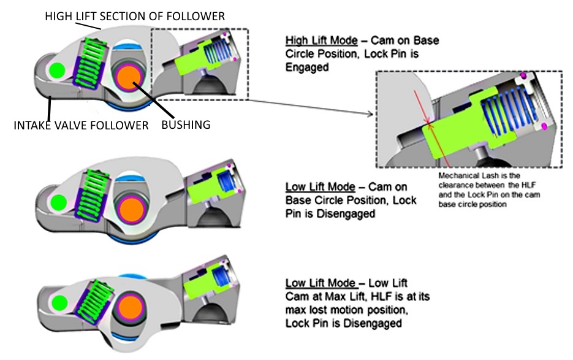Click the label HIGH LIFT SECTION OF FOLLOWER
(x=135, y=15)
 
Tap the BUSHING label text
(x=184, y=125)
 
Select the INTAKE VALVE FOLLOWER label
(x=81, y=126)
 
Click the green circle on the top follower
(x=57, y=70)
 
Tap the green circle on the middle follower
(x=59, y=201)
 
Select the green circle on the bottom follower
(x=59, y=302)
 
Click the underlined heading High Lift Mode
(x=321, y=40)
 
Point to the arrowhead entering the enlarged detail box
(x=371, y=115)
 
